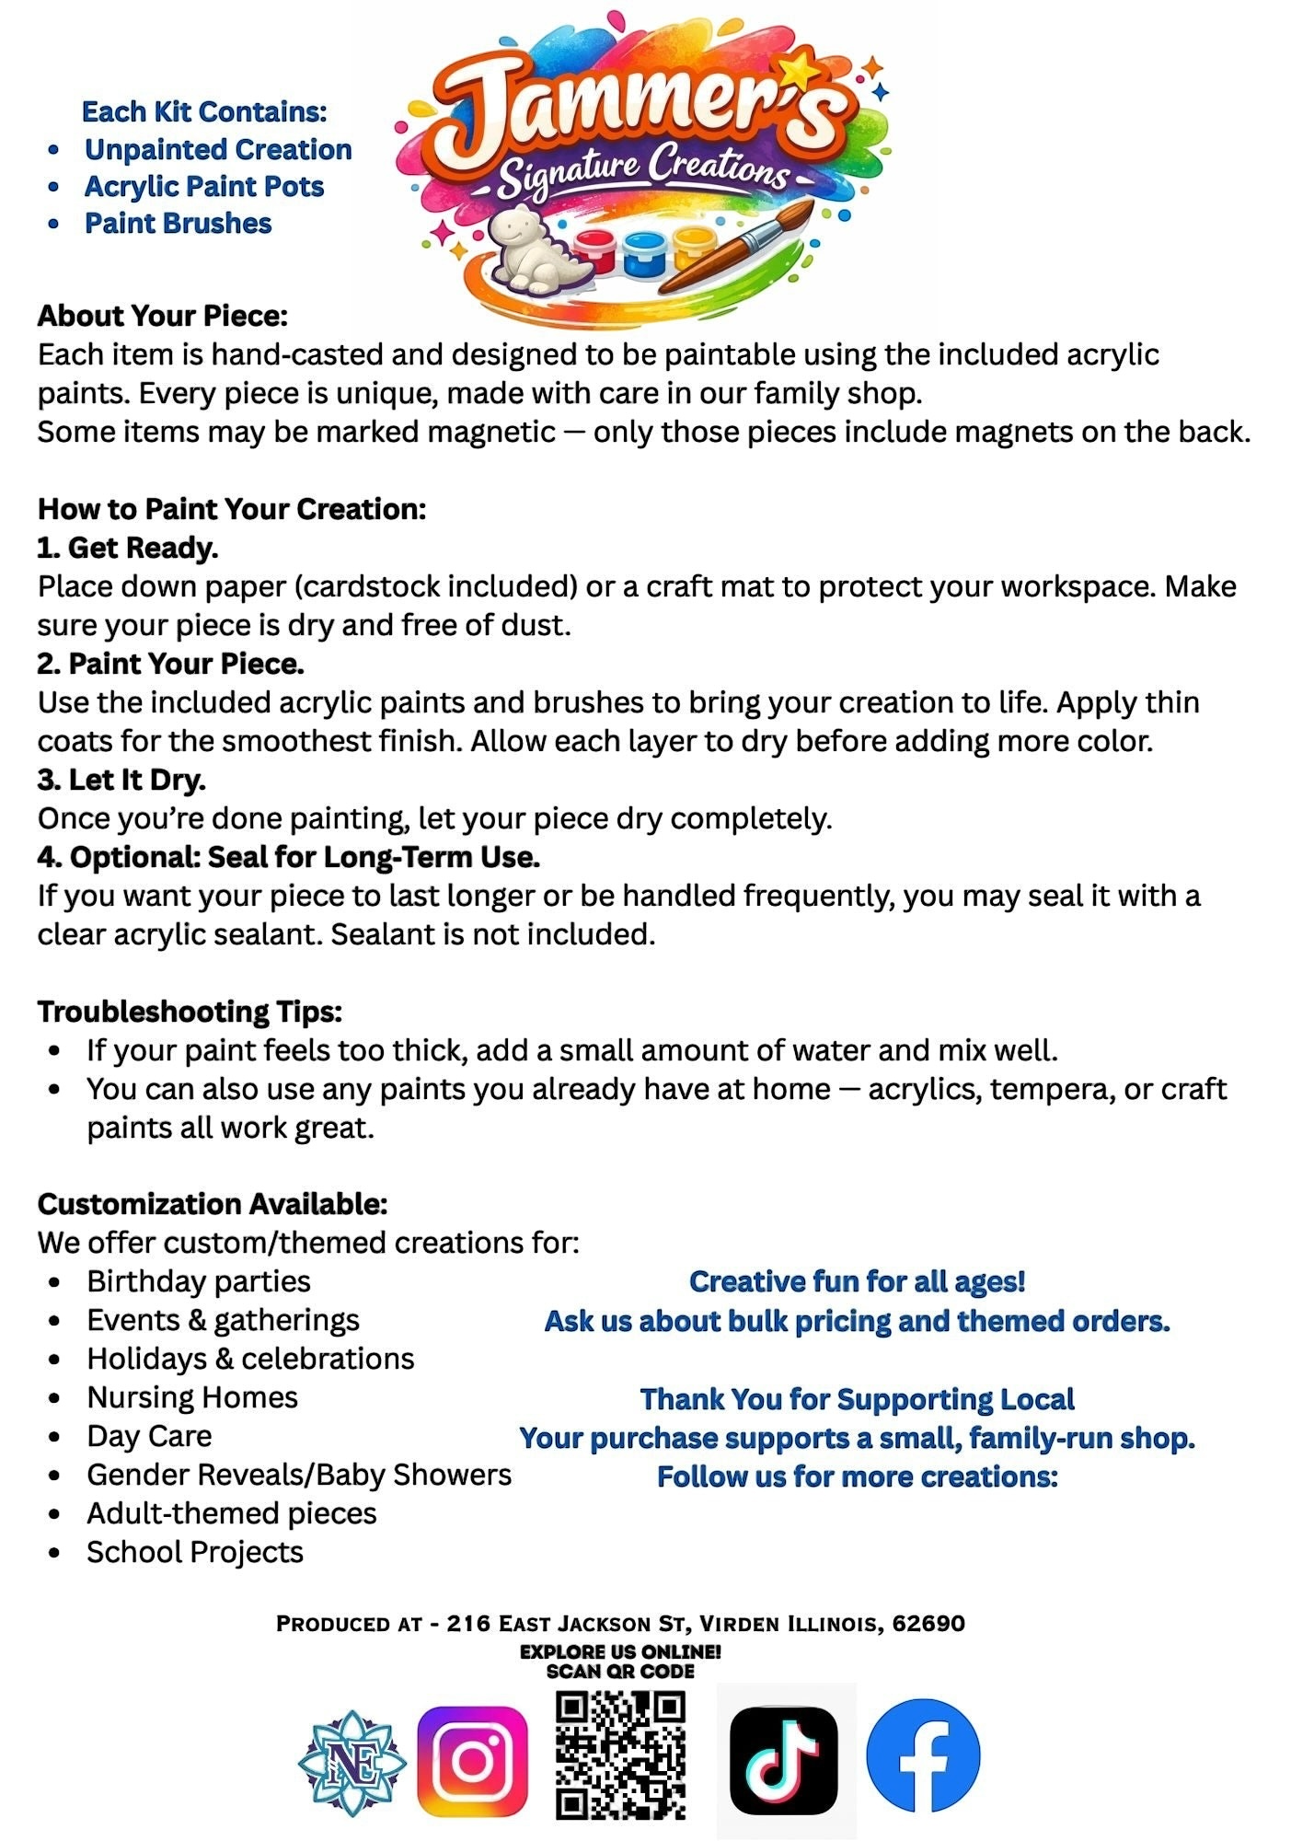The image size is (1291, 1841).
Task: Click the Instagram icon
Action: (x=472, y=1761)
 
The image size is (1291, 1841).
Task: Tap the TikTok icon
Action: (x=783, y=1760)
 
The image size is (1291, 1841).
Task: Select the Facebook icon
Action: (x=924, y=1756)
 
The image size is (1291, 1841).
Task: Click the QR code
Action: (x=621, y=1755)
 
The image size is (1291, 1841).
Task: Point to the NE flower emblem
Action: (x=352, y=1762)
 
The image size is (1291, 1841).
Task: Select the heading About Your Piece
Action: (x=163, y=316)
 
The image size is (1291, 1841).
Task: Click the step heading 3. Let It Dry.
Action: (x=121, y=780)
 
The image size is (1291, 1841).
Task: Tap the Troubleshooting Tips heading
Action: (x=190, y=1012)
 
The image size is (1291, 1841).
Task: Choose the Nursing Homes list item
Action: (x=192, y=1397)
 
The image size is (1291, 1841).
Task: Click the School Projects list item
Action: (x=195, y=1552)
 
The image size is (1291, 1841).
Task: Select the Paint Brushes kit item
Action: (x=179, y=224)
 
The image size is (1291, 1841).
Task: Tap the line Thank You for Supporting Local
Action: (x=857, y=1399)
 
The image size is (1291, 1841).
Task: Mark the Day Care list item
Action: (x=149, y=1436)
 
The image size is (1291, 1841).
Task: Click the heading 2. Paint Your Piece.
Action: (x=171, y=664)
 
